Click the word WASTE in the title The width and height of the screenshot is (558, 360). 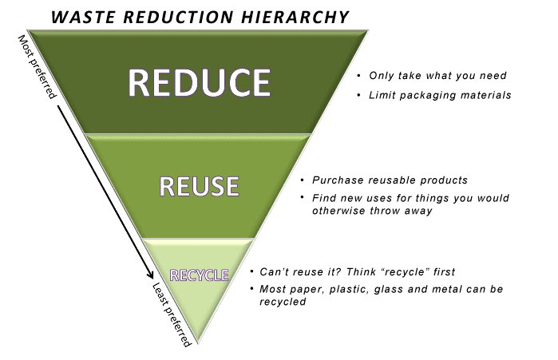84,17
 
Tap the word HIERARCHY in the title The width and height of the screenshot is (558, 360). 295,17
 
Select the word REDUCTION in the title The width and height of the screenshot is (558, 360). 179,17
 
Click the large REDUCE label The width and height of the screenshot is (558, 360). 200,82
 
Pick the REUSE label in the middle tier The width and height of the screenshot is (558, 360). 199,186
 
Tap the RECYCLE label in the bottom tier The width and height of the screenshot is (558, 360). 199,275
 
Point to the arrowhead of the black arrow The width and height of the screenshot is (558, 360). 151,275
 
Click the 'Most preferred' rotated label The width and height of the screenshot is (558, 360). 37,67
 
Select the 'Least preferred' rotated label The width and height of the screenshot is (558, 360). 172,315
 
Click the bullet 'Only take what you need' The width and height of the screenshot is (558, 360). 437,75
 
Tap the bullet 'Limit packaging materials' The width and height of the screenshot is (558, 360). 440,95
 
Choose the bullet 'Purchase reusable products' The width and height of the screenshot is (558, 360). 390,180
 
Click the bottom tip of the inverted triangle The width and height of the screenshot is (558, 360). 198,342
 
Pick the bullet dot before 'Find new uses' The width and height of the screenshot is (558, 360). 302,196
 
